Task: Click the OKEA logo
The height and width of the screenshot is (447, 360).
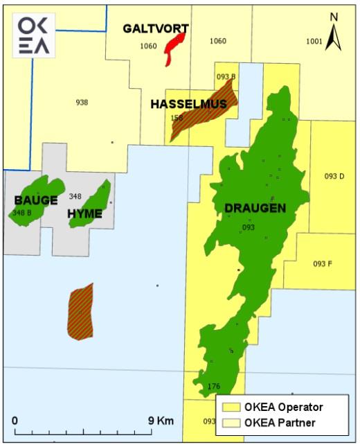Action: coord(34,35)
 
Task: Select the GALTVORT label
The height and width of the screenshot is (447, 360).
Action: coord(156,28)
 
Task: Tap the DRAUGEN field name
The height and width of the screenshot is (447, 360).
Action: coord(255,208)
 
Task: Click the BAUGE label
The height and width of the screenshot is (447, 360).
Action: coord(36,200)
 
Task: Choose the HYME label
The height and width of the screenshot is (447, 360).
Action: coord(84,213)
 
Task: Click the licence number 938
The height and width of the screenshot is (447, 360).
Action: coord(82,103)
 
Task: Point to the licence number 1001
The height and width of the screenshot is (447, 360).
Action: coord(314,42)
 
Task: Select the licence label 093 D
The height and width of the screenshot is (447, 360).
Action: coord(334,176)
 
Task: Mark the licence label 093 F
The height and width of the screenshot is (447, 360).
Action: coord(323,264)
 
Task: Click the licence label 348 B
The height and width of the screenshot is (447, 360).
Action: coord(22,212)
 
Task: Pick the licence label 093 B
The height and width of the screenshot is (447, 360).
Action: coord(226,76)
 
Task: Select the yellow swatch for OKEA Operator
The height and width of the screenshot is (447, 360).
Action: coord(230,407)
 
